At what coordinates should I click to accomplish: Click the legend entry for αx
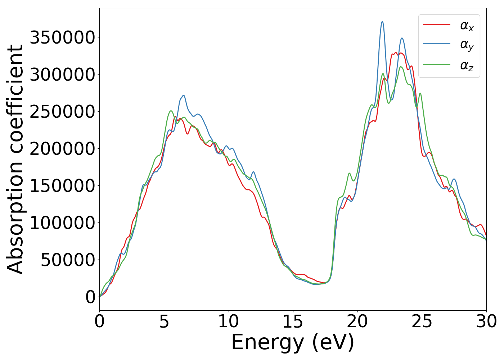coord(467,26)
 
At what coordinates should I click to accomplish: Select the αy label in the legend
coord(467,45)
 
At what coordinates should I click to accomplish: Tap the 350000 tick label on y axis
coord(62,37)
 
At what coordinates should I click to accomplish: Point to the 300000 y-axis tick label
coord(62,75)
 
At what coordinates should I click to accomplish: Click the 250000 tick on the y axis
coord(62,112)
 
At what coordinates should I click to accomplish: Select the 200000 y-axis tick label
coord(62,149)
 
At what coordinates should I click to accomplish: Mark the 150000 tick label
coord(62,186)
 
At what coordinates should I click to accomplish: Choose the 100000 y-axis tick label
coord(62,223)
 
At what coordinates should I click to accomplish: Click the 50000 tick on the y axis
coord(68,260)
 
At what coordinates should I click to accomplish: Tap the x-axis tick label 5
coord(164,321)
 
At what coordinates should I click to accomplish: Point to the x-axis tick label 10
coord(229,321)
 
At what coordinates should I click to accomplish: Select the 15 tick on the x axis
coord(293,321)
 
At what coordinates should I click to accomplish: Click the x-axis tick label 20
coord(357,321)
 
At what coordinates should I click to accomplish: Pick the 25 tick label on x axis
coord(422,321)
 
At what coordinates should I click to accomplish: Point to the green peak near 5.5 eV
coord(171,111)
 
